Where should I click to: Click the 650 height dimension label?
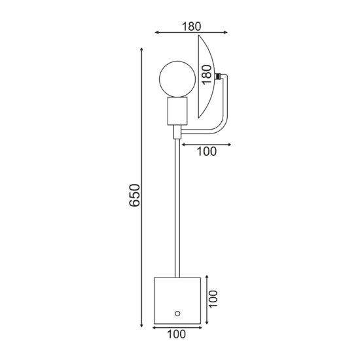(135, 195)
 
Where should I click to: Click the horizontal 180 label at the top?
(192, 26)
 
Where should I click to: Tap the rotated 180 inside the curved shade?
(207, 75)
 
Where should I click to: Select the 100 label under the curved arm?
(207, 152)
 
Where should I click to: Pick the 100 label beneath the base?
(176, 334)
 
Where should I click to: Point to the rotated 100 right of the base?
(213, 298)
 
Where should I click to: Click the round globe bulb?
(177, 79)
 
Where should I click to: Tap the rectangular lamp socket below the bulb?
(177, 111)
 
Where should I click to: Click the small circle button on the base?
(177, 314)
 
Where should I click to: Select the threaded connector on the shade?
(218, 76)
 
